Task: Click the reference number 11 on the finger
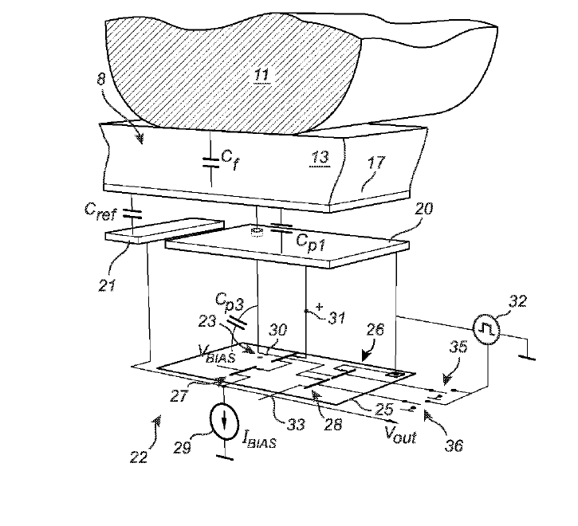coord(261,76)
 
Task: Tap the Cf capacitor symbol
coord(210,161)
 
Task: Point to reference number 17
coord(376,163)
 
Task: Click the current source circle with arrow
coord(224,418)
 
